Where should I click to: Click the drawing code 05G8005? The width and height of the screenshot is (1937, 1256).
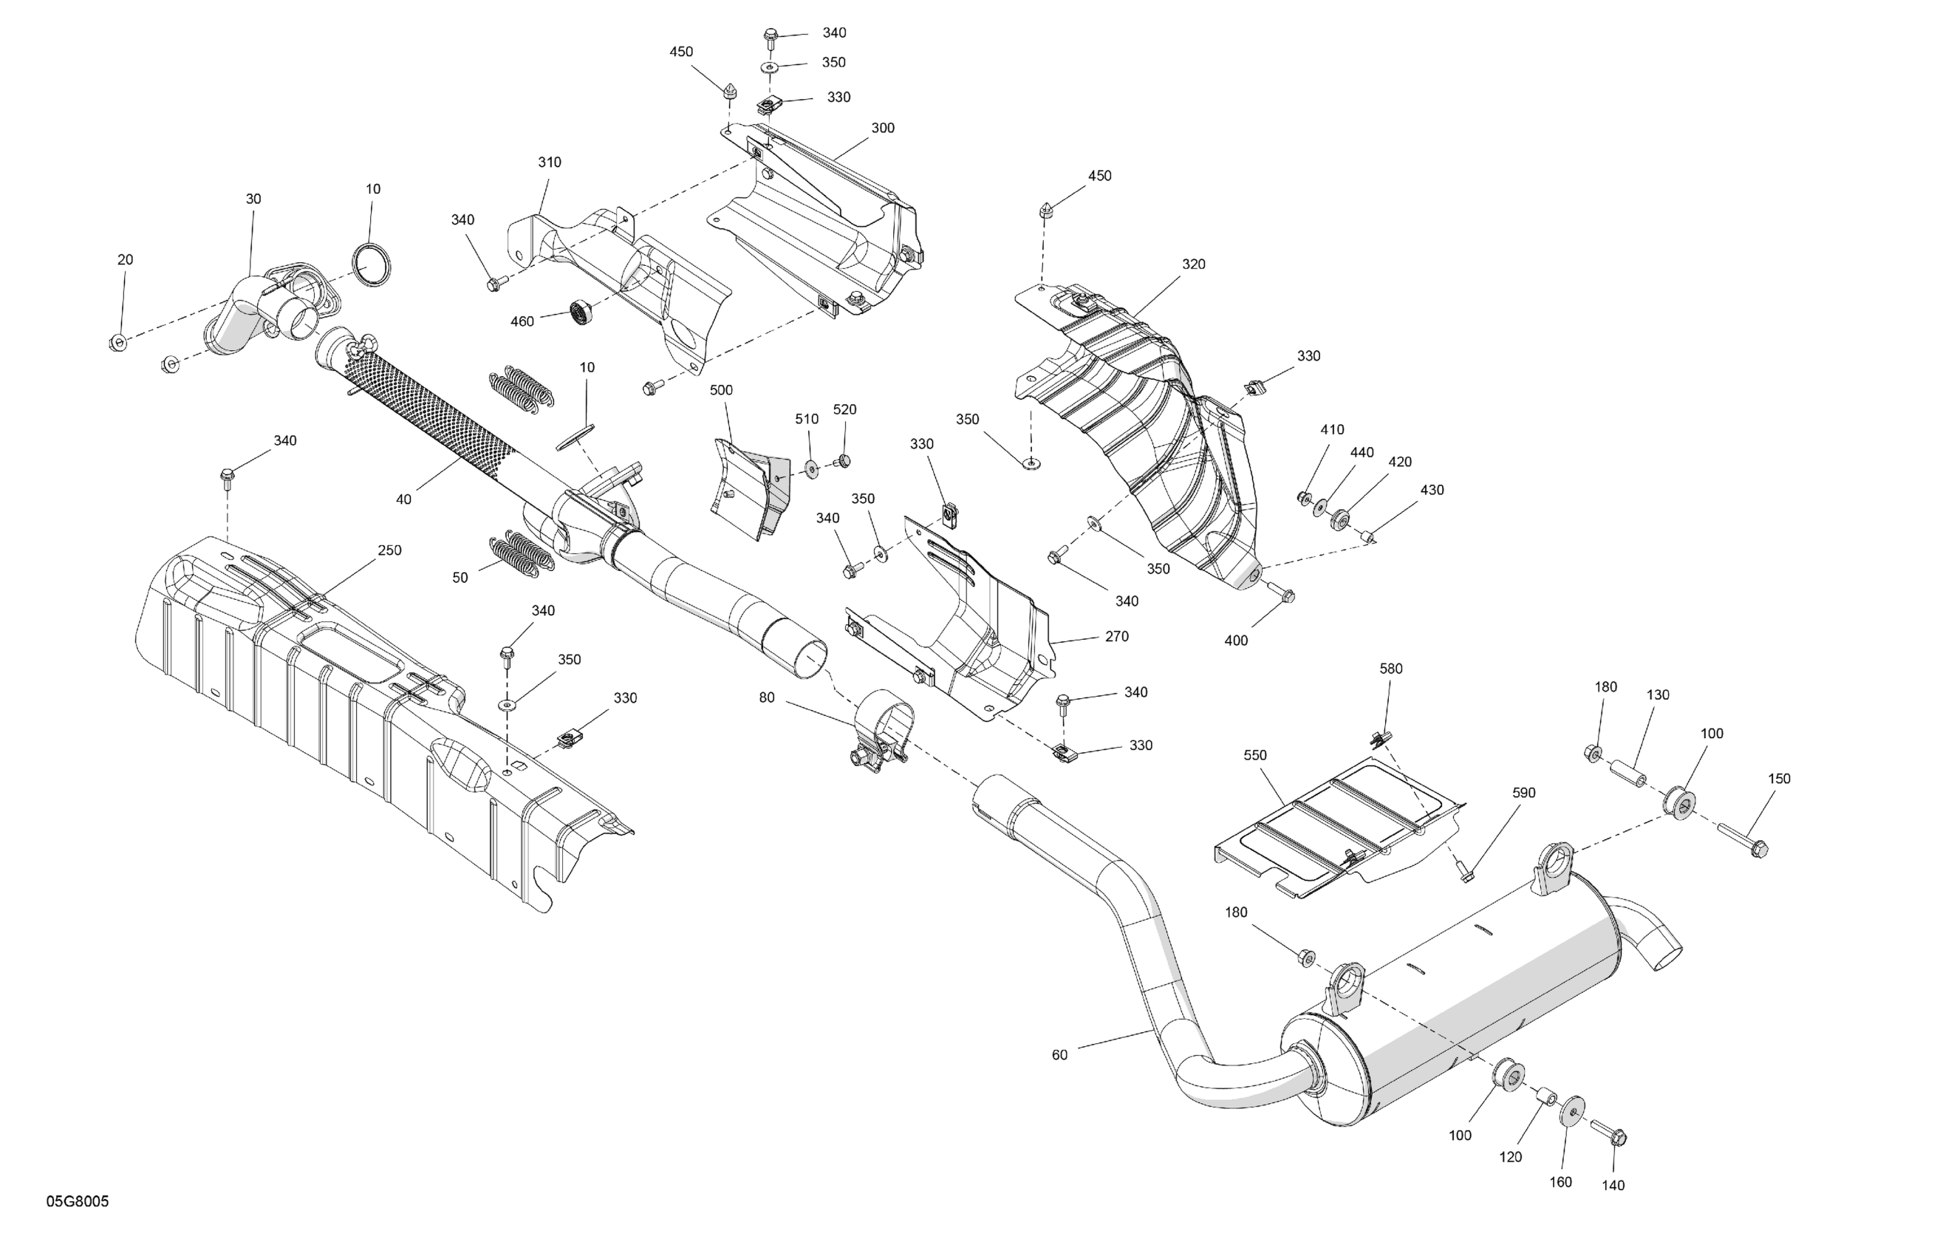point(78,1201)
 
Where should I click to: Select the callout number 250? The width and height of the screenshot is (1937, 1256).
point(389,550)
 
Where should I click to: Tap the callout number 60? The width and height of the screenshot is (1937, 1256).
point(1059,1055)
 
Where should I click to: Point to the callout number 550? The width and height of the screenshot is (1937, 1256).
point(1255,755)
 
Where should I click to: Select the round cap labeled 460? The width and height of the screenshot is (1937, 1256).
point(580,310)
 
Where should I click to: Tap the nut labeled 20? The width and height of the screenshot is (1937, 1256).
point(118,342)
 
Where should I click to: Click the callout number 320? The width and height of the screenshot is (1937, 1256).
point(1193,264)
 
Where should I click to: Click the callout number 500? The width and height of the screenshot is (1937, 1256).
point(721,390)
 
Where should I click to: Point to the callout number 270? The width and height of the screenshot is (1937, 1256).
point(1117,637)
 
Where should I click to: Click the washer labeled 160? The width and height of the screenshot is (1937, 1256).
point(1571,1110)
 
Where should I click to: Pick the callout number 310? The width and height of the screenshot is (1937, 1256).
point(550,162)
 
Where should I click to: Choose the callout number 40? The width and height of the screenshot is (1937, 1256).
point(403,499)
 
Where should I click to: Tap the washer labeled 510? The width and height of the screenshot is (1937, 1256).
point(811,468)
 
